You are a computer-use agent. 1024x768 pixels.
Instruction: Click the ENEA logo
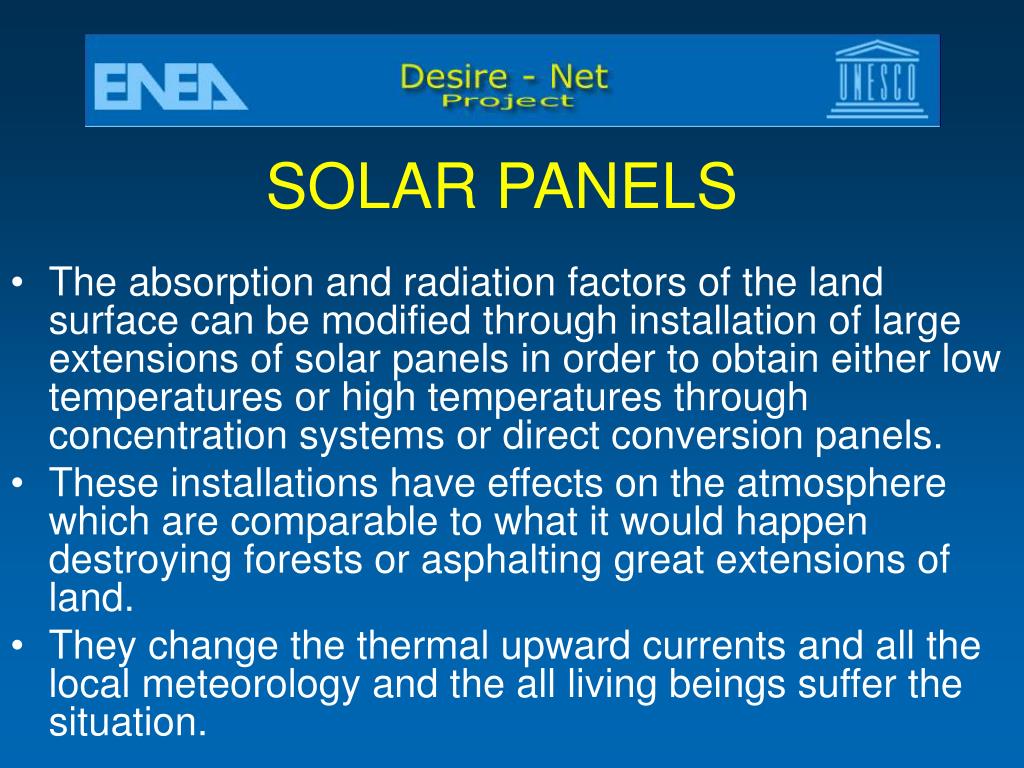point(171,87)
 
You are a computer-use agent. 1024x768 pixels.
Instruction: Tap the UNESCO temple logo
point(876,79)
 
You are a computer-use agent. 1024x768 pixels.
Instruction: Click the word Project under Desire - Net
point(507,101)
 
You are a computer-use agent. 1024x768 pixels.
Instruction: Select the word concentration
point(168,436)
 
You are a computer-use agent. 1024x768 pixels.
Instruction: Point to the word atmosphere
point(841,484)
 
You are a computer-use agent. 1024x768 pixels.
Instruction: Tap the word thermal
point(423,645)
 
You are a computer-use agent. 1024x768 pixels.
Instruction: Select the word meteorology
point(251,684)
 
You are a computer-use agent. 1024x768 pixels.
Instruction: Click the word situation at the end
point(128,722)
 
